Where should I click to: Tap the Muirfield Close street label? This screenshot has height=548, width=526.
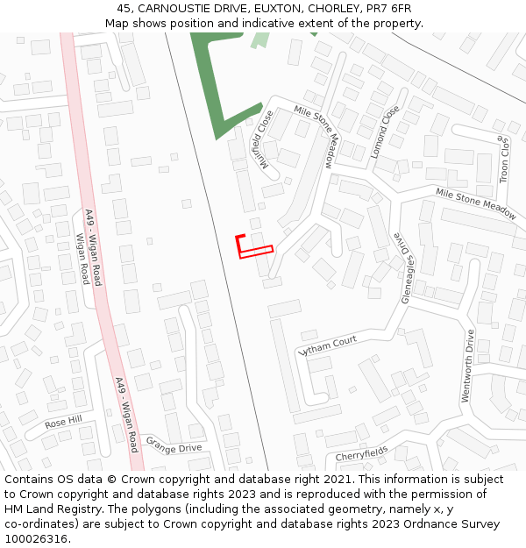(262, 135)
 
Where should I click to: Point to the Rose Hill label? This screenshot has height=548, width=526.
(63, 422)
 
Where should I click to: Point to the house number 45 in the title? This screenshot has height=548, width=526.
(124, 9)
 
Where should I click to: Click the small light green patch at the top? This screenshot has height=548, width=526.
(260, 39)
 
